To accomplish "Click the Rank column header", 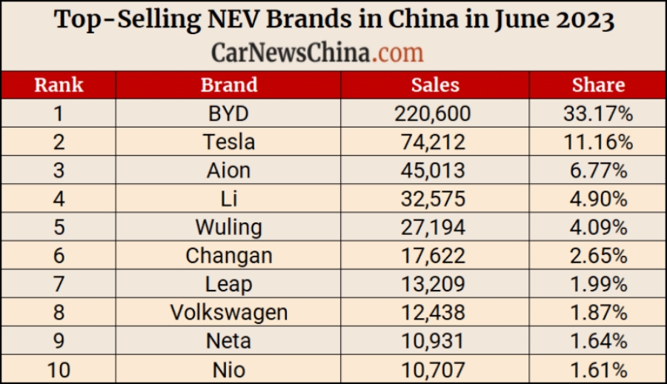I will (59, 85).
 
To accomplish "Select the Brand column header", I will (228, 85).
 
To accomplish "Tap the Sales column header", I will (435, 85).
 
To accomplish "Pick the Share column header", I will (598, 85).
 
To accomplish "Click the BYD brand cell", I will (228, 113).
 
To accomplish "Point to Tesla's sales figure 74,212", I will (435, 142).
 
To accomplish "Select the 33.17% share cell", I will (598, 113).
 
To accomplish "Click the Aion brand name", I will (228, 171).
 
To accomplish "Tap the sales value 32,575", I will (435, 199).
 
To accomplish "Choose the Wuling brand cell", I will (228, 227).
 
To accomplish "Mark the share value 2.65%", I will (598, 256).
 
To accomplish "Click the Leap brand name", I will (228, 284).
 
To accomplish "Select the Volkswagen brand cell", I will (228, 312).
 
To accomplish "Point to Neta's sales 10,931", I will (435, 341).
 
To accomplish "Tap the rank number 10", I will (59, 369).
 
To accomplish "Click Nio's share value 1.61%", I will (598, 369).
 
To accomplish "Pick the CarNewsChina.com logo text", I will (317, 52).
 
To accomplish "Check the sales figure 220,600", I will (435, 113).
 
